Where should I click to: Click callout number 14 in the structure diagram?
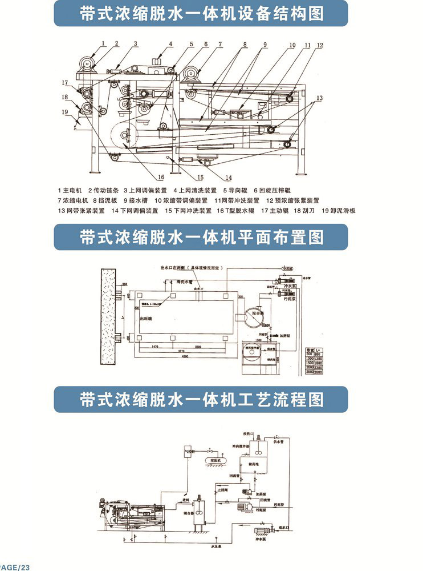228,177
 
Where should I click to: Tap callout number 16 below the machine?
161,177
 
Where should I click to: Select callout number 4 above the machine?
170,44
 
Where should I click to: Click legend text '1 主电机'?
71,190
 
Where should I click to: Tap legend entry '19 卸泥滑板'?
339,211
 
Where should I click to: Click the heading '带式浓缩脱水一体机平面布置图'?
201,237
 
